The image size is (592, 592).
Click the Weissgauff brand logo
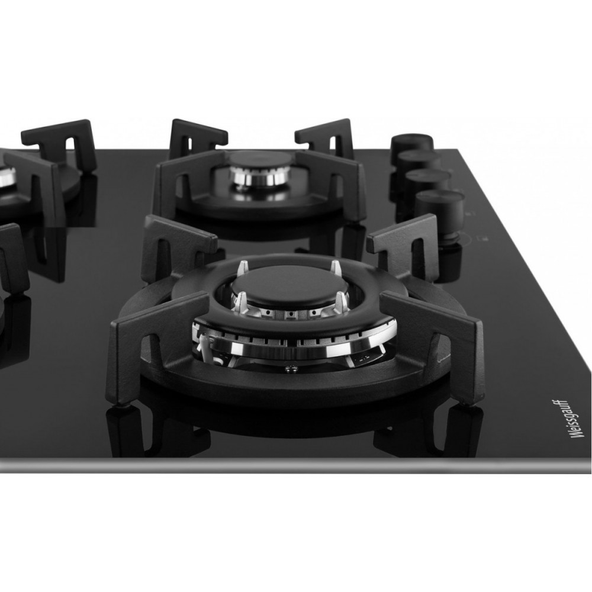click(562, 419)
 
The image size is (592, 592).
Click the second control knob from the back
click(419, 160)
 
